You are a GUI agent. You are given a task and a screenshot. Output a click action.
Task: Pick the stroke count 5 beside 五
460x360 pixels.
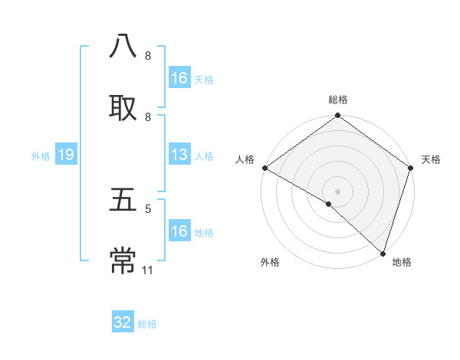148,208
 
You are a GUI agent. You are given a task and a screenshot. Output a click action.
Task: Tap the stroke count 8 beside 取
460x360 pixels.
148,116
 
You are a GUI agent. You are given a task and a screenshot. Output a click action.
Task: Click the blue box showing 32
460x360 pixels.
123,322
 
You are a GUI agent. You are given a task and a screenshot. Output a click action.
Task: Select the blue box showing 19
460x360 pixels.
66,155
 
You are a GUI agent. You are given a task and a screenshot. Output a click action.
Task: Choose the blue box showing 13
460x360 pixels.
179,155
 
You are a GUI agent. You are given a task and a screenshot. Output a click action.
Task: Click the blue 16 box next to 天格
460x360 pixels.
179,78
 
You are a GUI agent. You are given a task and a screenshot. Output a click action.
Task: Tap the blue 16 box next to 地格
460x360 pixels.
179,231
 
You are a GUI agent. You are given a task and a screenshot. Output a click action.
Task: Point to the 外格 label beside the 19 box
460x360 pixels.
41,156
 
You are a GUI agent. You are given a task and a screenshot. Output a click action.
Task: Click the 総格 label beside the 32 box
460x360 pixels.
147,324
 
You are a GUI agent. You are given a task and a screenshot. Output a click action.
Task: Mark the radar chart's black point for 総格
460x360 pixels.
337,116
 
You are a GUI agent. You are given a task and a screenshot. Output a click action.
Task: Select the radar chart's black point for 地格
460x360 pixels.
383,253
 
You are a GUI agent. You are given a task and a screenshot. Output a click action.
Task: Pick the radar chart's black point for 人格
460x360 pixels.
264,168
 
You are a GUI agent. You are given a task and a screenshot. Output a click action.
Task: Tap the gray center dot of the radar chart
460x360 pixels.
337,191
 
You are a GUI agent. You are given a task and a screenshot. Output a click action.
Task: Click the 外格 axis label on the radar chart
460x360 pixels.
270,262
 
